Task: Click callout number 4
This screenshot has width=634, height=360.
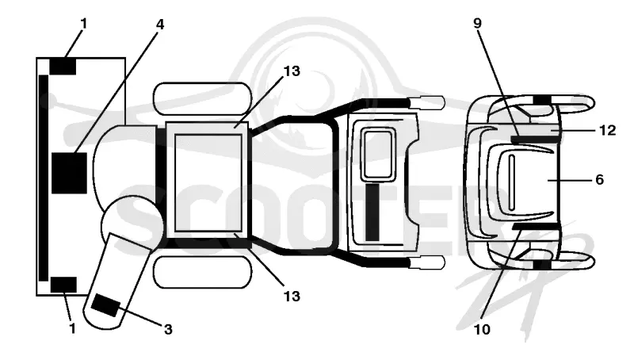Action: point(160,25)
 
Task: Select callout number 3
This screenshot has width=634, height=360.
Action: point(168,329)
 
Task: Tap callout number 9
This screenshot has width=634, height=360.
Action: point(478,23)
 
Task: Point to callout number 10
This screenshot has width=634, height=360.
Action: point(482,330)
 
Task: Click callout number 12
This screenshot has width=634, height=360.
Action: point(607,130)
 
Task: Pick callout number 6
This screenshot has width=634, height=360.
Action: point(600,179)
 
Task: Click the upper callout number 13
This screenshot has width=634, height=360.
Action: point(292,71)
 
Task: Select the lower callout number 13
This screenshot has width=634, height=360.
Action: point(292,297)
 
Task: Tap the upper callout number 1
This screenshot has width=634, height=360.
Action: point(84,24)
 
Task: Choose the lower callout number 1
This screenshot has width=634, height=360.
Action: point(73,328)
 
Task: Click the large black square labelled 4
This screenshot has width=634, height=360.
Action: point(69,173)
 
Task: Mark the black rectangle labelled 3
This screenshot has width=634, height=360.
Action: point(105,306)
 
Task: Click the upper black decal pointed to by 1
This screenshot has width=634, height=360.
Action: point(63,67)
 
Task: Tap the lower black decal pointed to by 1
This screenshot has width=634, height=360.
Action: point(63,285)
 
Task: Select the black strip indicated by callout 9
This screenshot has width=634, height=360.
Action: point(537,140)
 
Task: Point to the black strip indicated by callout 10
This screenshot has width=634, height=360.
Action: point(537,226)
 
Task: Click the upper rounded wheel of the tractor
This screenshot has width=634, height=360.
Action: point(203,98)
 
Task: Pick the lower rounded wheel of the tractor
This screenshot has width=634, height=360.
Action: point(204,272)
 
